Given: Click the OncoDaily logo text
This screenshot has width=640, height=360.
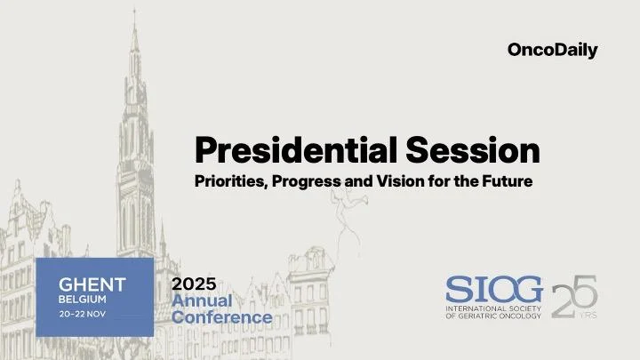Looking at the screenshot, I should (552, 51).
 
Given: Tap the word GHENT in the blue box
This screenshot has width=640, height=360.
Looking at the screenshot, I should (92, 284).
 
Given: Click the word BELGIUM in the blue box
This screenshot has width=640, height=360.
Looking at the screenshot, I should (83, 300).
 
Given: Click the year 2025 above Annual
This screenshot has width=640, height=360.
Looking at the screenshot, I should (194, 284).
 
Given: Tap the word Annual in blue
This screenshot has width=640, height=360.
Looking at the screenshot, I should (201, 300).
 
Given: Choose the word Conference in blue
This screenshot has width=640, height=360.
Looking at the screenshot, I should (221, 317).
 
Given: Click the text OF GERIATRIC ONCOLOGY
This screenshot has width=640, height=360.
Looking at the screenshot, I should (493, 316).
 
